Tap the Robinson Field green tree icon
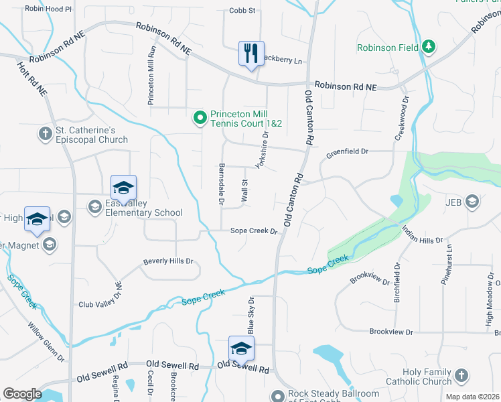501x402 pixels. click(429, 47)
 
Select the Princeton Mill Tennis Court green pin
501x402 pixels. click(200, 119)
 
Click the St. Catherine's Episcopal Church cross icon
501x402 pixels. click(46, 133)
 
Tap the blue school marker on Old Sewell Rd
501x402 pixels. click(241, 348)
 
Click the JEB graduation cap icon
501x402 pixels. click(473, 201)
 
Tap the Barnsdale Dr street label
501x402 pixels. click(220, 184)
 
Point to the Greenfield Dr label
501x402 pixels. click(347, 153)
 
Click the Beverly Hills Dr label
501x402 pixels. click(167, 261)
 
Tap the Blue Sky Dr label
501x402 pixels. click(252, 316)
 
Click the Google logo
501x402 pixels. click(21, 393)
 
